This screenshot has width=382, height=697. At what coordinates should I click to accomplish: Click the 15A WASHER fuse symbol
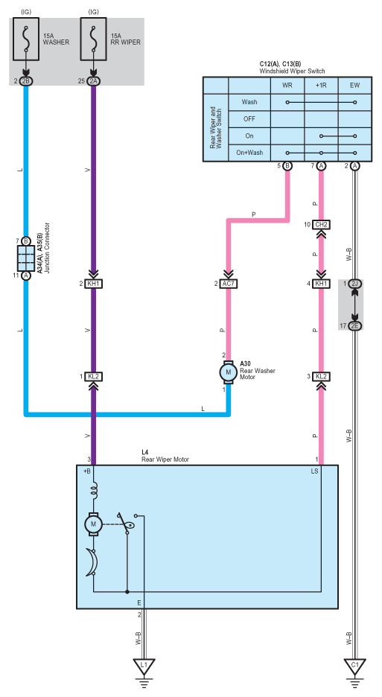(x=26, y=39)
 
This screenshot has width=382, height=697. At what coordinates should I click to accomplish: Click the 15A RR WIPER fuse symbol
(x=93, y=39)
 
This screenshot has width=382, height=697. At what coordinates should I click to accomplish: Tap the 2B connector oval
(x=26, y=81)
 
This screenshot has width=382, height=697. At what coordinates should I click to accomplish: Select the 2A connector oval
(x=93, y=81)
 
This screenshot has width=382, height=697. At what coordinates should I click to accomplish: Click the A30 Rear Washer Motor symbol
(x=229, y=372)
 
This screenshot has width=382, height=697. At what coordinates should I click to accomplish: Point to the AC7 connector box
(x=229, y=284)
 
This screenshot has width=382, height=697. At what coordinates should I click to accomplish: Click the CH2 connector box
(x=321, y=225)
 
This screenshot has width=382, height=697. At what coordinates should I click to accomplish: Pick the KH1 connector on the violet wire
(x=93, y=284)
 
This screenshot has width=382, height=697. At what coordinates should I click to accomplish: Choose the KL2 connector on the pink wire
(x=321, y=377)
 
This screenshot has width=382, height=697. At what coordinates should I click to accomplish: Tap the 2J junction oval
(x=354, y=284)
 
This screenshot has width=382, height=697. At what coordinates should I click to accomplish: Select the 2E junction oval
(x=354, y=326)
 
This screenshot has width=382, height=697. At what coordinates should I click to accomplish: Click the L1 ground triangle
(x=144, y=666)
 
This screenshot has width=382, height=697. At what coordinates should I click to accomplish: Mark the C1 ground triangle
(x=354, y=666)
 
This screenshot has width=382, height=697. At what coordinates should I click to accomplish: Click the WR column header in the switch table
(x=287, y=85)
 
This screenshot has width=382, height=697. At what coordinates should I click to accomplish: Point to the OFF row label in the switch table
(x=249, y=118)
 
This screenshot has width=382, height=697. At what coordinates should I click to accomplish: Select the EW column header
(x=354, y=85)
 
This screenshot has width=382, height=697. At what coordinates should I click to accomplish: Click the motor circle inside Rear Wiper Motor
(x=93, y=524)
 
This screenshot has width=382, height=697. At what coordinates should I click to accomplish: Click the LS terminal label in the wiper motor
(x=315, y=471)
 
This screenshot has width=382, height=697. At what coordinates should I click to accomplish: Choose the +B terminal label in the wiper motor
(x=86, y=471)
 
